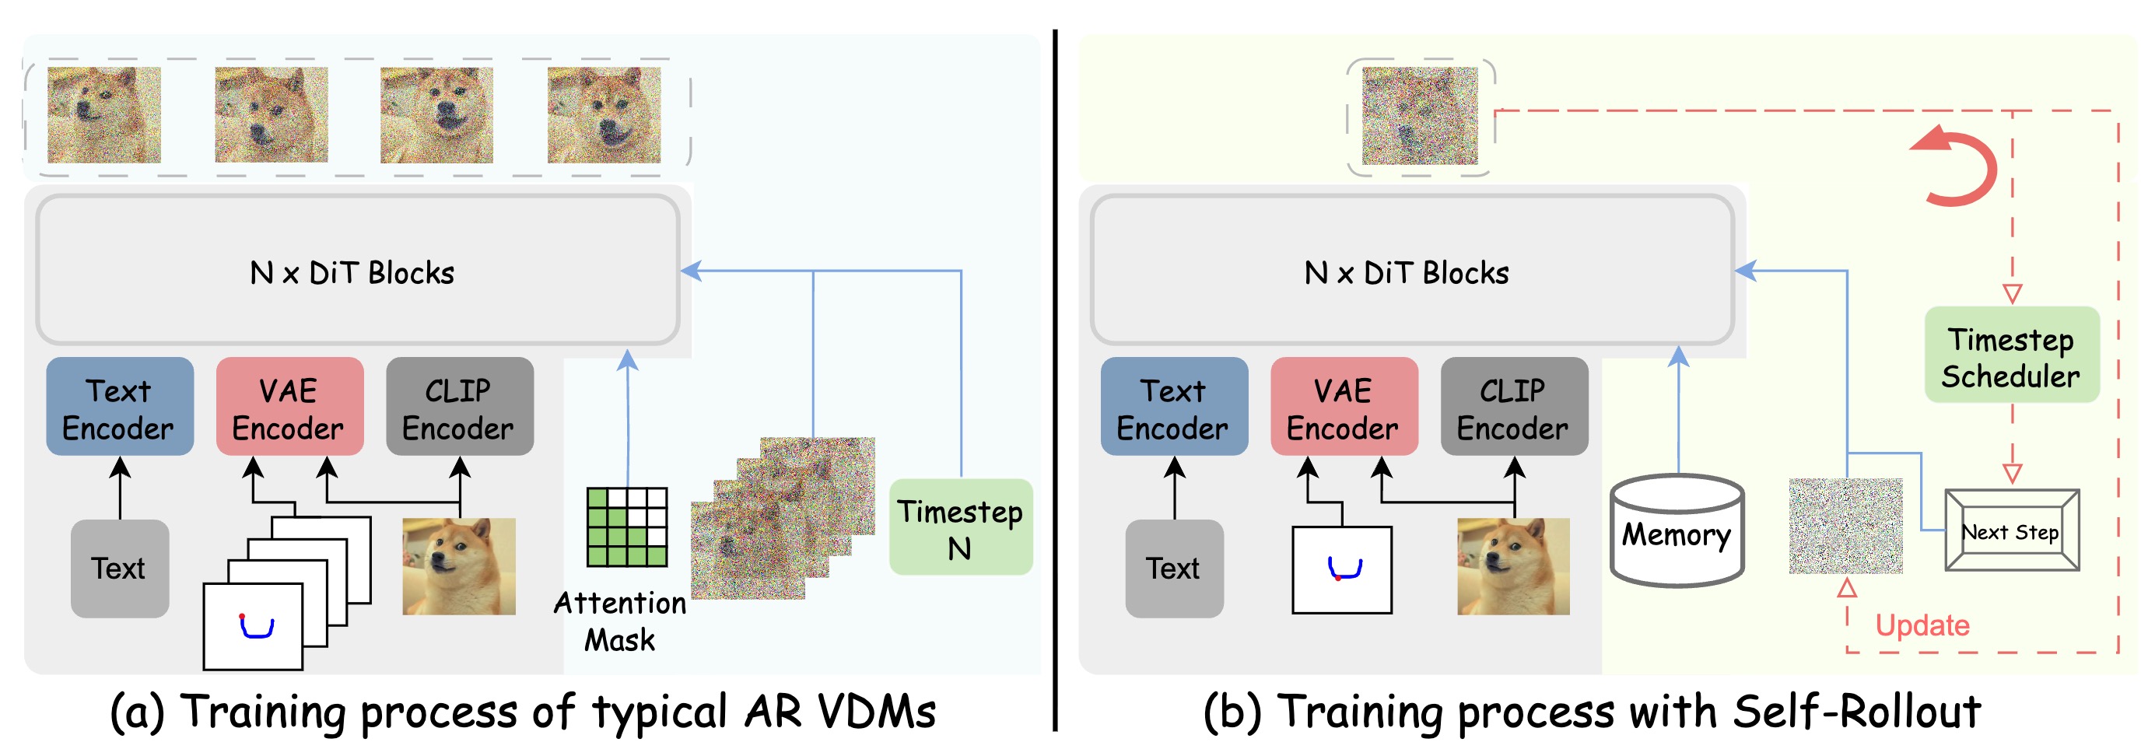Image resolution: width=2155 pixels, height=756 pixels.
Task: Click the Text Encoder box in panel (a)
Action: click(120, 407)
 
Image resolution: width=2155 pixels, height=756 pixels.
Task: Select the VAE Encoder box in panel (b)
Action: click(1343, 407)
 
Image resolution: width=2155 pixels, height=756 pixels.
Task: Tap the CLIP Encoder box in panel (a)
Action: click(459, 407)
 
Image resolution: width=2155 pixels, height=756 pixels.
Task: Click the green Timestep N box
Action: click(959, 527)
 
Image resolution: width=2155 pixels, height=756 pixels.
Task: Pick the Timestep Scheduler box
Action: click(2011, 355)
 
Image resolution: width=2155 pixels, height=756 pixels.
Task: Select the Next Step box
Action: click(2011, 531)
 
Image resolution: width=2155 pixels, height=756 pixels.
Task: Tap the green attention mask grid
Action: click(627, 527)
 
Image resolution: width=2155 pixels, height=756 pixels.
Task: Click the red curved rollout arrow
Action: click(1957, 167)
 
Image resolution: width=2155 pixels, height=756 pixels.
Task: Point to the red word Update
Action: click(1922, 625)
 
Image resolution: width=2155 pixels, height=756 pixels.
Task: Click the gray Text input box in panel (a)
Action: click(120, 569)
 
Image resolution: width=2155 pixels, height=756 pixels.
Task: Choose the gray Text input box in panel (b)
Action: click(1174, 569)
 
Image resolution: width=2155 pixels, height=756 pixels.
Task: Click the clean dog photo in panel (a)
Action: click(458, 566)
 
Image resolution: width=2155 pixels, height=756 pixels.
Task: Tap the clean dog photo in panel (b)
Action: click(1512, 566)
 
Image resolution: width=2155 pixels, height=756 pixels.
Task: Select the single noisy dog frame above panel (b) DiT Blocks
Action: click(1420, 115)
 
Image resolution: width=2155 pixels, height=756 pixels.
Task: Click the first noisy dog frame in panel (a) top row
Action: click(103, 115)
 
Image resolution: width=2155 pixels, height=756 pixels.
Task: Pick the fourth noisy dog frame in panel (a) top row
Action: click(603, 115)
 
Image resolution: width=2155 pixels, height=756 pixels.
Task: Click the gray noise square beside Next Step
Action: click(1845, 526)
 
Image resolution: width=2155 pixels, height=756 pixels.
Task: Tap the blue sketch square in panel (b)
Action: click(1342, 569)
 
